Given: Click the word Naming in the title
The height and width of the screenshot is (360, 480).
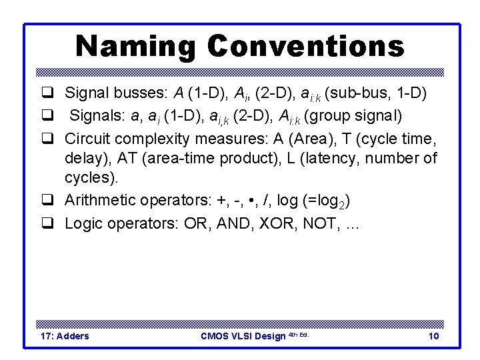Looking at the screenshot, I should pyautogui.click(x=135, y=46).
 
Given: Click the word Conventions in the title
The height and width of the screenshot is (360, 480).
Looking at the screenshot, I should pyautogui.click(x=306, y=46).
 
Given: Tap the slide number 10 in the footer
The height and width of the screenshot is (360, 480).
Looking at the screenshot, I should pyautogui.click(x=433, y=336).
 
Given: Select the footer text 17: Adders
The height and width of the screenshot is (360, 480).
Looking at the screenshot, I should pyautogui.click(x=65, y=336).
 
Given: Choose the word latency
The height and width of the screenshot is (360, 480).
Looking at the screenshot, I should pyautogui.click(x=357, y=158).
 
